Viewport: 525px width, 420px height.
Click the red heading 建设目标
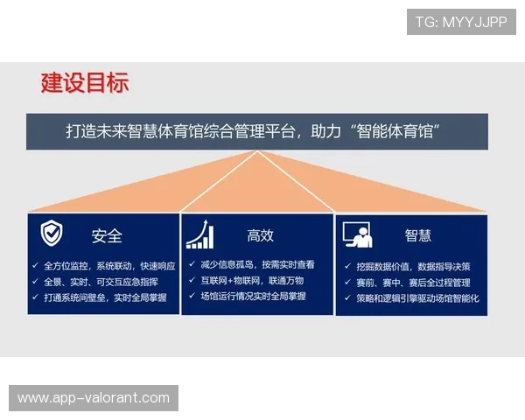[85, 83]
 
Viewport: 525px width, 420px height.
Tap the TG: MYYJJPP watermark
[461, 22]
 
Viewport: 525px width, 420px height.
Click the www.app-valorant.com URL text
[94, 398]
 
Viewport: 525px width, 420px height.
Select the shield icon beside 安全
[52, 234]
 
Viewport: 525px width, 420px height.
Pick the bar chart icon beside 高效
[199, 234]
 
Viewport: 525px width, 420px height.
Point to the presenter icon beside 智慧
[357, 234]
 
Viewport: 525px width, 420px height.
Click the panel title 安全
[107, 235]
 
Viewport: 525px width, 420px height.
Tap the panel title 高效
[260, 235]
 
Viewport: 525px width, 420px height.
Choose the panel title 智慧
[417, 235]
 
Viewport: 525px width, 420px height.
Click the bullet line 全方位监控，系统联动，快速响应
[109, 265]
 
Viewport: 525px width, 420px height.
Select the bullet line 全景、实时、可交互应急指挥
[101, 282]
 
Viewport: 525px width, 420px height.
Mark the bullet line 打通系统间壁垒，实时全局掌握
[105, 297]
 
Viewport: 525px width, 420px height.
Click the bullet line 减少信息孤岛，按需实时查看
[257, 264]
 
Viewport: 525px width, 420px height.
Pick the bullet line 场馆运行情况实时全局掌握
[253, 297]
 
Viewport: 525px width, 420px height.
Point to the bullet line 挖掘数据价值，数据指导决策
[413, 266]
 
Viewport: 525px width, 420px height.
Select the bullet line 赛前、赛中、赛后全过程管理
[413, 283]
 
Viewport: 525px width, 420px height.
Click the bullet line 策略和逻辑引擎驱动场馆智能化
[417, 298]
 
